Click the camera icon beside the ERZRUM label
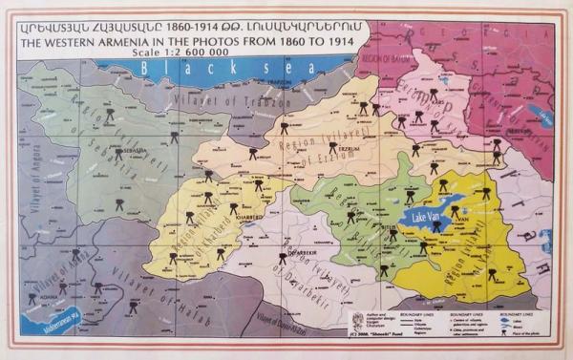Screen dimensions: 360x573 332,147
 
